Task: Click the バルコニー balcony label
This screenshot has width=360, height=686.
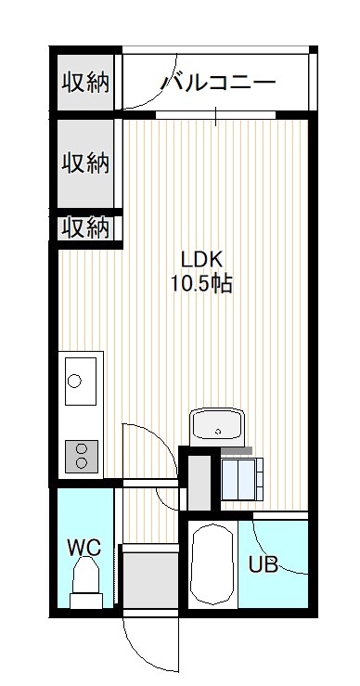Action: point(219,83)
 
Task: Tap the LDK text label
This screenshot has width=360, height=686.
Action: point(202,260)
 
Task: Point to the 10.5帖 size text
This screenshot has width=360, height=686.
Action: point(201,284)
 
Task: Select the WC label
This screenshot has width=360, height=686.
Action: point(84,547)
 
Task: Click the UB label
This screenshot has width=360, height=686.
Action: point(264,564)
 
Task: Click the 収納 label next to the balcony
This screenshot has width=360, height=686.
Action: point(84,83)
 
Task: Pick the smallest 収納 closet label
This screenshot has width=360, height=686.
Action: point(84,228)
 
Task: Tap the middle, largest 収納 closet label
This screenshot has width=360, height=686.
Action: point(84,163)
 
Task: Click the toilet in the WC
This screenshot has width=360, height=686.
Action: point(85,583)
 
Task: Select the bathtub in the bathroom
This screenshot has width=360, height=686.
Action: point(213,564)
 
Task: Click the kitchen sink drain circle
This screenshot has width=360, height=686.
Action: point(74,381)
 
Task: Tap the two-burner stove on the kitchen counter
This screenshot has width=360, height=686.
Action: point(82,457)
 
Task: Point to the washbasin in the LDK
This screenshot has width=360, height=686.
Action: point(217,424)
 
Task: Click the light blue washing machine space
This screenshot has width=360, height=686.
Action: point(242,480)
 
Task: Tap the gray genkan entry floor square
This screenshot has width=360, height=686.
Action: point(150,580)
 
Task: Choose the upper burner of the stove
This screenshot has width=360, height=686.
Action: point(82,448)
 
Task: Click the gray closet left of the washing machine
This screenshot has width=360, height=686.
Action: point(199,483)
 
